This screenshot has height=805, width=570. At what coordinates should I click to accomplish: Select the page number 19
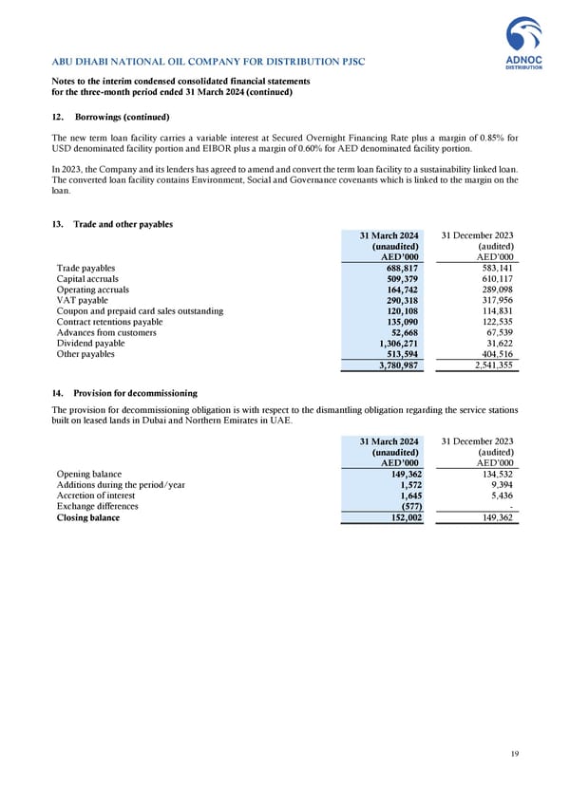click(514, 754)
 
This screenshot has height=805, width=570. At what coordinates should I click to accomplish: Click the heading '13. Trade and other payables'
click(110, 224)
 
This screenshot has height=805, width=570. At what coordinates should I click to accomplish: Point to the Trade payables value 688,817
click(399, 270)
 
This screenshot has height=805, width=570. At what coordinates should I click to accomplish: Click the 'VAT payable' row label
click(83, 299)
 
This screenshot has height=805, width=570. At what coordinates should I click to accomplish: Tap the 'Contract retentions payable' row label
click(109, 323)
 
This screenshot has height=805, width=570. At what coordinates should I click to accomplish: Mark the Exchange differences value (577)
click(406, 507)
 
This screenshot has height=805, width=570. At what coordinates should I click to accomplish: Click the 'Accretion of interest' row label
click(97, 496)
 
